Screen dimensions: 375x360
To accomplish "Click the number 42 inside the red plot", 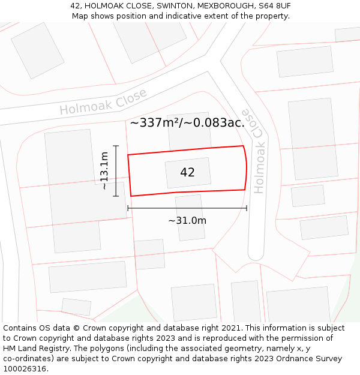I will pyautogui.click(x=187, y=173).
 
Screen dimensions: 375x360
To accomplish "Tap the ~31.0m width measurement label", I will pyautogui.click(x=187, y=221).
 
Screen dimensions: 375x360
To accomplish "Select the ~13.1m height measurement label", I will pyautogui.click(x=104, y=171).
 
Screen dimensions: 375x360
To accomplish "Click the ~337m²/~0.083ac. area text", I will pyautogui.click(x=187, y=123).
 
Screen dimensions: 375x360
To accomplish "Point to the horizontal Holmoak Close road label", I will pyautogui.click(x=103, y=103).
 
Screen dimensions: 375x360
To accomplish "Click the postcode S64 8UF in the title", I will pyautogui.click(x=275, y=5).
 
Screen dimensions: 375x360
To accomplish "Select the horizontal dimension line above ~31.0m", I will pyautogui.click(x=187, y=208).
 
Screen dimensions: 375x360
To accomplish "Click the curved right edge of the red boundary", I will pyautogui.click(x=246, y=168).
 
